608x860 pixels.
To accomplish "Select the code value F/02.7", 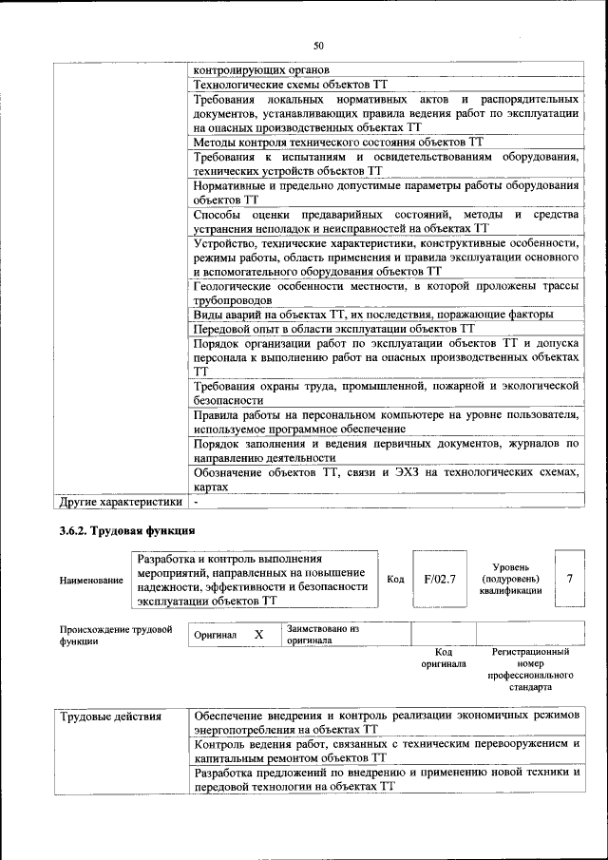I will pos(440,577).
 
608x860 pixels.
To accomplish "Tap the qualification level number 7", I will pos(569,577).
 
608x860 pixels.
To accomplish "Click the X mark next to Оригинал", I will pos(257,634).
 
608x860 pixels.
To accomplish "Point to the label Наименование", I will pos(91,580).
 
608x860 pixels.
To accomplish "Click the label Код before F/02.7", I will pos(395,578).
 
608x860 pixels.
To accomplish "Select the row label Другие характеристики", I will pos(120,501).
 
